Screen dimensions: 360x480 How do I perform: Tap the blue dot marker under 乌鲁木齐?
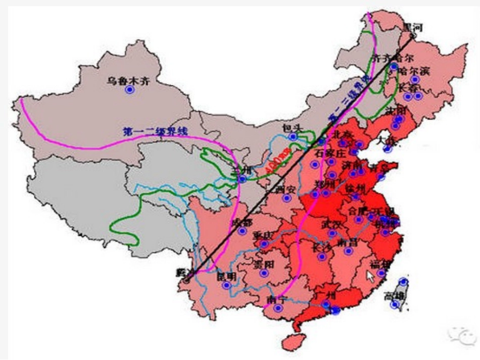(129, 89)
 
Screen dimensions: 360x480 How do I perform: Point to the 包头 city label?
(293, 128)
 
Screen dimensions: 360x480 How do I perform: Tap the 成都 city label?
(241, 223)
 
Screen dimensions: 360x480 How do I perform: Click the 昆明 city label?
(226, 276)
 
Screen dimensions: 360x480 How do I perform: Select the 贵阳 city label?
(264, 264)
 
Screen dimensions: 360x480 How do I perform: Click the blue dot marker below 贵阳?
(263, 273)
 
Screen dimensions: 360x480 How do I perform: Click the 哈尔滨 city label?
(414, 70)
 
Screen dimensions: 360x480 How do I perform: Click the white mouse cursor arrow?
(371, 276)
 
